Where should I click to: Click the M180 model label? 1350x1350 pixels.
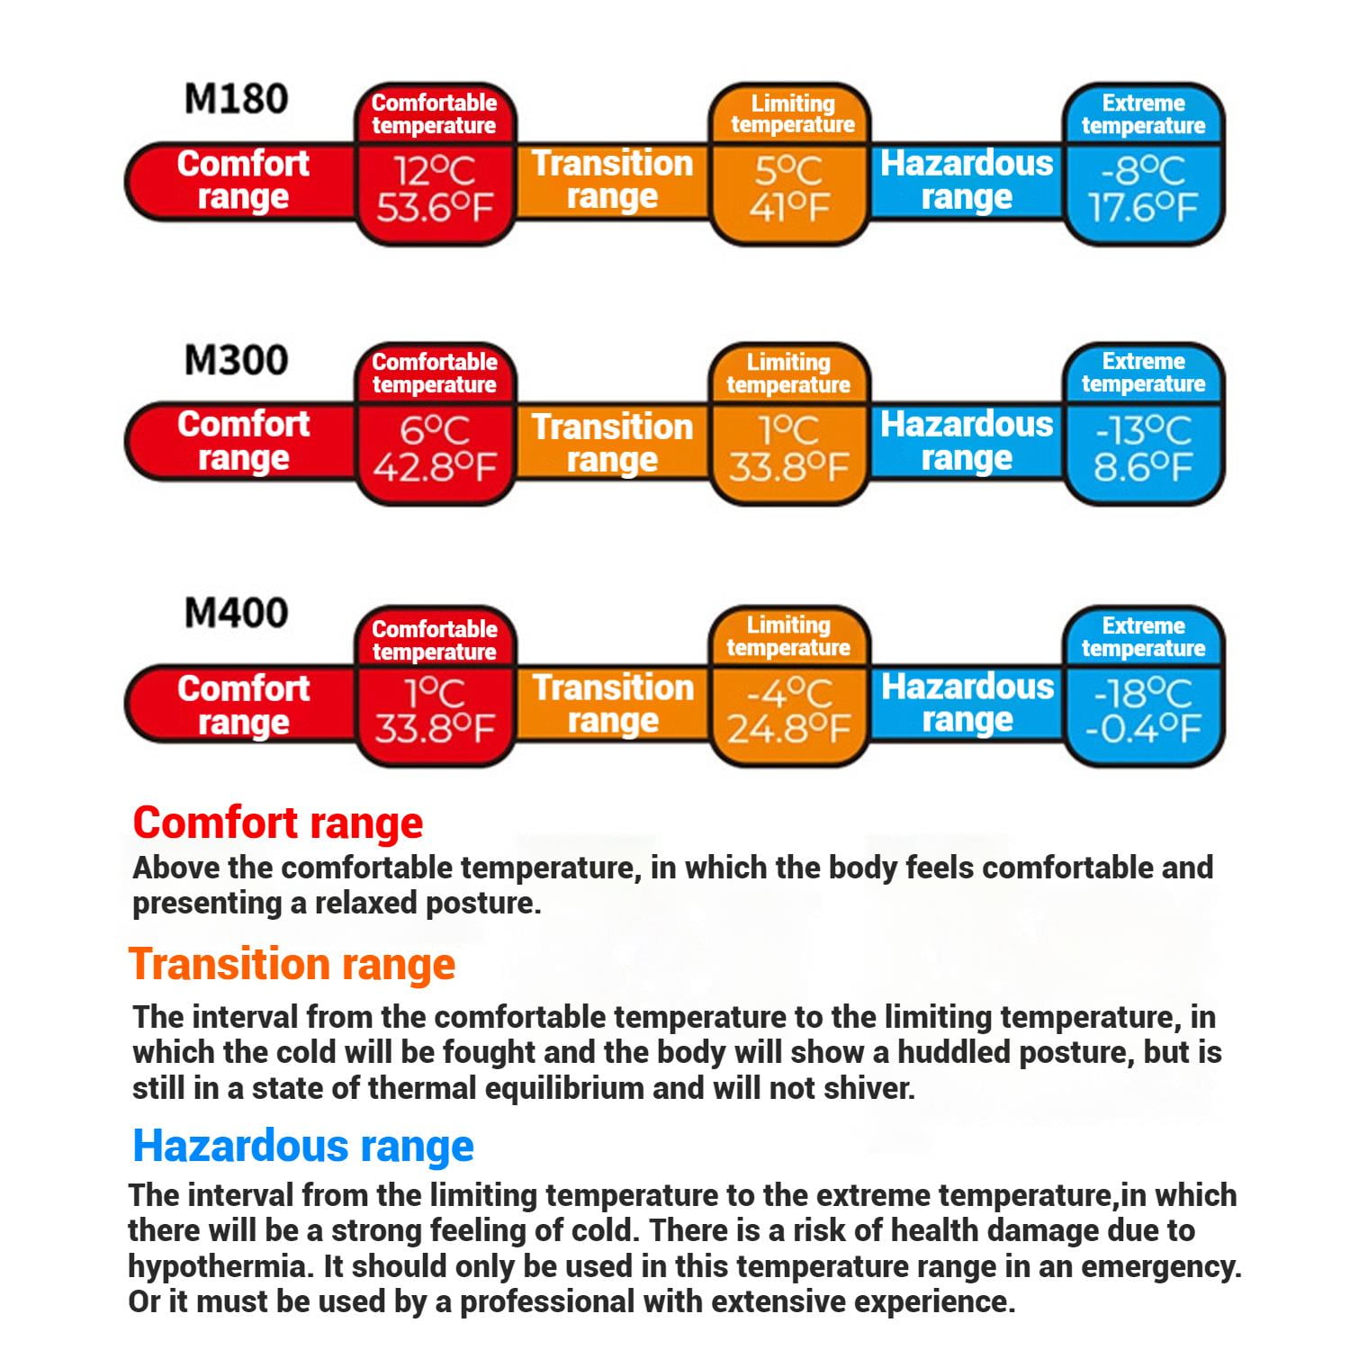pyautogui.click(x=236, y=99)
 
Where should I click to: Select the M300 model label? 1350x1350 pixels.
pyautogui.click(x=236, y=360)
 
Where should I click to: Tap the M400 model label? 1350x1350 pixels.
pyautogui.click(x=236, y=613)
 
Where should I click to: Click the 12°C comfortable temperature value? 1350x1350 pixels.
pyautogui.click(x=435, y=171)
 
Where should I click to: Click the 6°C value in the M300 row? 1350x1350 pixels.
pyautogui.click(x=435, y=431)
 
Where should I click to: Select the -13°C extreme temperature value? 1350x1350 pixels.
pyautogui.click(x=1143, y=431)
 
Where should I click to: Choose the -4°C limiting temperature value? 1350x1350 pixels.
pyautogui.click(x=789, y=693)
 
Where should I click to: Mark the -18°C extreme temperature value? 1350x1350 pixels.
pyautogui.click(x=1143, y=693)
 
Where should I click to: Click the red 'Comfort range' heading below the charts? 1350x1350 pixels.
pyautogui.click(x=277, y=823)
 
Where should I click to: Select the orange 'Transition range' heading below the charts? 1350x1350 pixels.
pyautogui.click(x=292, y=964)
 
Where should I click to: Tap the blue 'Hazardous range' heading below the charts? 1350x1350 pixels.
pyautogui.click(x=303, y=1146)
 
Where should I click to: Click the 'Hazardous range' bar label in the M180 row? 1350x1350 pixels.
pyautogui.click(x=967, y=180)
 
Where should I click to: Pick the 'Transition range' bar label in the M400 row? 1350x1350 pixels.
pyautogui.click(x=613, y=704)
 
